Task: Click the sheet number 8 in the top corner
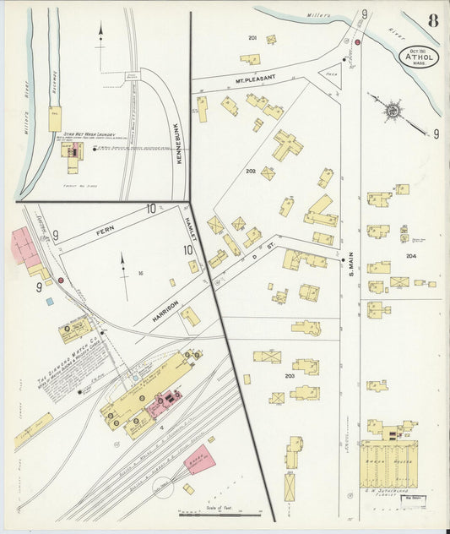pos(432,20)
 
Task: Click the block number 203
pos(289,375)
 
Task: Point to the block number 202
pos(250,172)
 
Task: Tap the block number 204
pos(411,256)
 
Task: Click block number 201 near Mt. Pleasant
pos(252,38)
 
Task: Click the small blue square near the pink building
pos(49,300)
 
